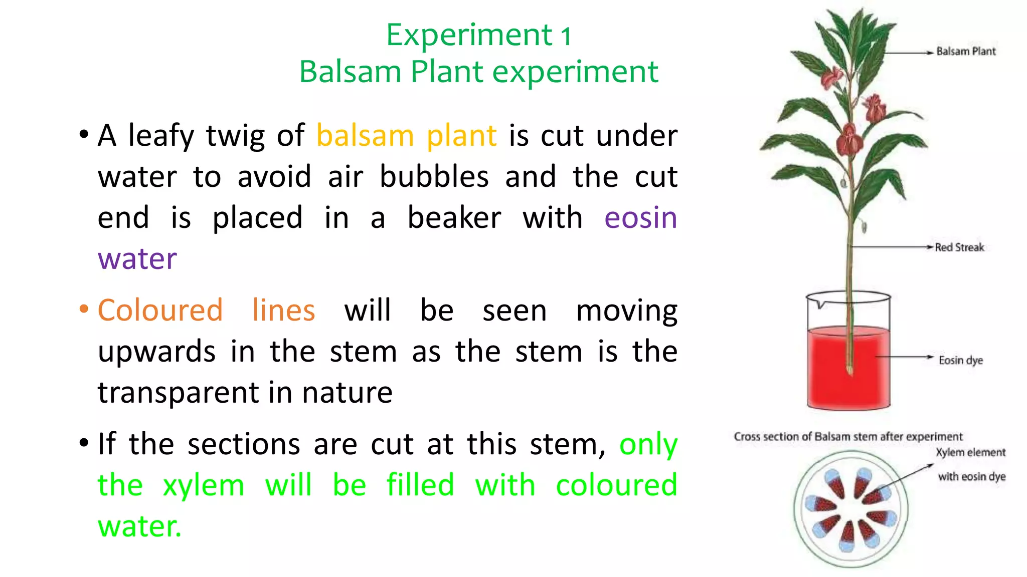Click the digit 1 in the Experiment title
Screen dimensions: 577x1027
point(566,36)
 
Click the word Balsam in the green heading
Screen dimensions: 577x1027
point(350,72)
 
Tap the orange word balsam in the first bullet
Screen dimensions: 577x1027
point(365,135)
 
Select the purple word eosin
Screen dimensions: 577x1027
point(640,218)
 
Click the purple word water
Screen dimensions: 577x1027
point(137,259)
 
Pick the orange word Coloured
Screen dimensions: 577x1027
point(160,310)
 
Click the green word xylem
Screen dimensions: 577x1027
point(203,485)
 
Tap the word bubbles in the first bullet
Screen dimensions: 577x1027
point(434,177)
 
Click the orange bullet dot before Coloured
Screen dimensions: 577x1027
point(84,309)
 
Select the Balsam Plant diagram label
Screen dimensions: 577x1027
point(965,52)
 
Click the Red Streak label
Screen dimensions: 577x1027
point(959,247)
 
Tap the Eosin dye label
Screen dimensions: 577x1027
point(960,360)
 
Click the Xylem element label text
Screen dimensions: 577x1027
point(970,453)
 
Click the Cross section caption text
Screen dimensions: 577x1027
point(848,437)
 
